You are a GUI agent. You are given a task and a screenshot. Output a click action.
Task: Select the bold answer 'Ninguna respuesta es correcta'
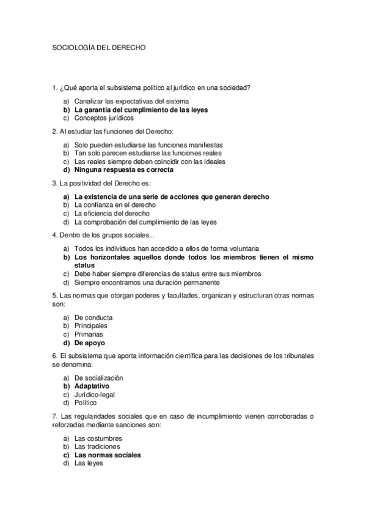(x=123, y=170)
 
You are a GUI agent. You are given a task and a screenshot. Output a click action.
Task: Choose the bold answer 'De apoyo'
(x=90, y=343)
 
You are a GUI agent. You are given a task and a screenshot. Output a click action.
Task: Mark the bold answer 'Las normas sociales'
(x=108, y=455)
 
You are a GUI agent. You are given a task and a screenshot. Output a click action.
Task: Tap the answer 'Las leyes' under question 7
(x=89, y=464)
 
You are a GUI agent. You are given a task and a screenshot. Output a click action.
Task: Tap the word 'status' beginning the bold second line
(x=85, y=266)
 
